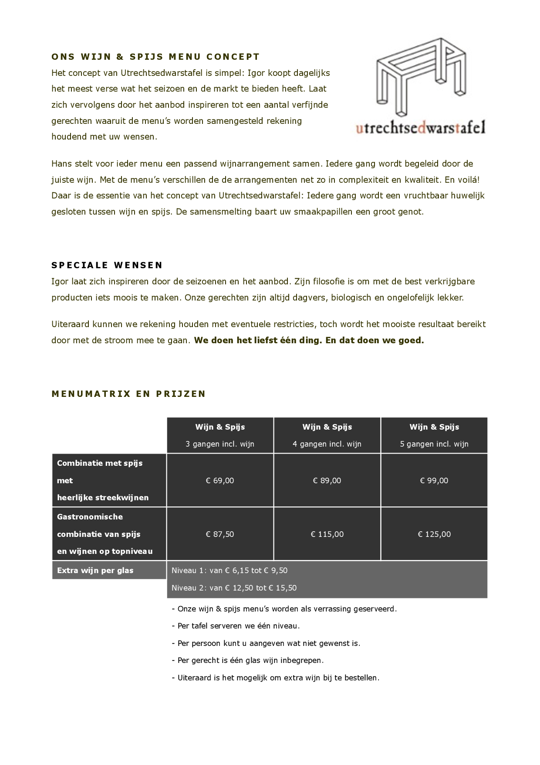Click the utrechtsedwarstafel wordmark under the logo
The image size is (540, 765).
(x=420, y=128)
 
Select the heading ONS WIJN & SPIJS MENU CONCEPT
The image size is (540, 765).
(x=155, y=57)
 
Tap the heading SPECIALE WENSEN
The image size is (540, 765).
(x=107, y=265)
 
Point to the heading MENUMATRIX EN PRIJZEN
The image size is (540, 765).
(x=128, y=394)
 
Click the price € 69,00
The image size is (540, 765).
(x=220, y=481)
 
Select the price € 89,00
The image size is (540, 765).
(x=327, y=481)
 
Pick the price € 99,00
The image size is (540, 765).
(x=434, y=481)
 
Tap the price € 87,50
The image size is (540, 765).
(x=220, y=534)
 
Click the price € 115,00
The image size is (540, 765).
(x=327, y=534)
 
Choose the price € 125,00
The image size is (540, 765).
(x=434, y=534)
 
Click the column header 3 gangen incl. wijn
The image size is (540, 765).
(x=220, y=444)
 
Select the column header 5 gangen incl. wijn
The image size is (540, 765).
(x=434, y=444)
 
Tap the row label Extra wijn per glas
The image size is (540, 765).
(x=95, y=570)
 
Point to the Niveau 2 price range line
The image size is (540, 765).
(x=234, y=588)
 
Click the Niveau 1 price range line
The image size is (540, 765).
(x=229, y=570)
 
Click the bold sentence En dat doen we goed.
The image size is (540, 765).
(x=375, y=341)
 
